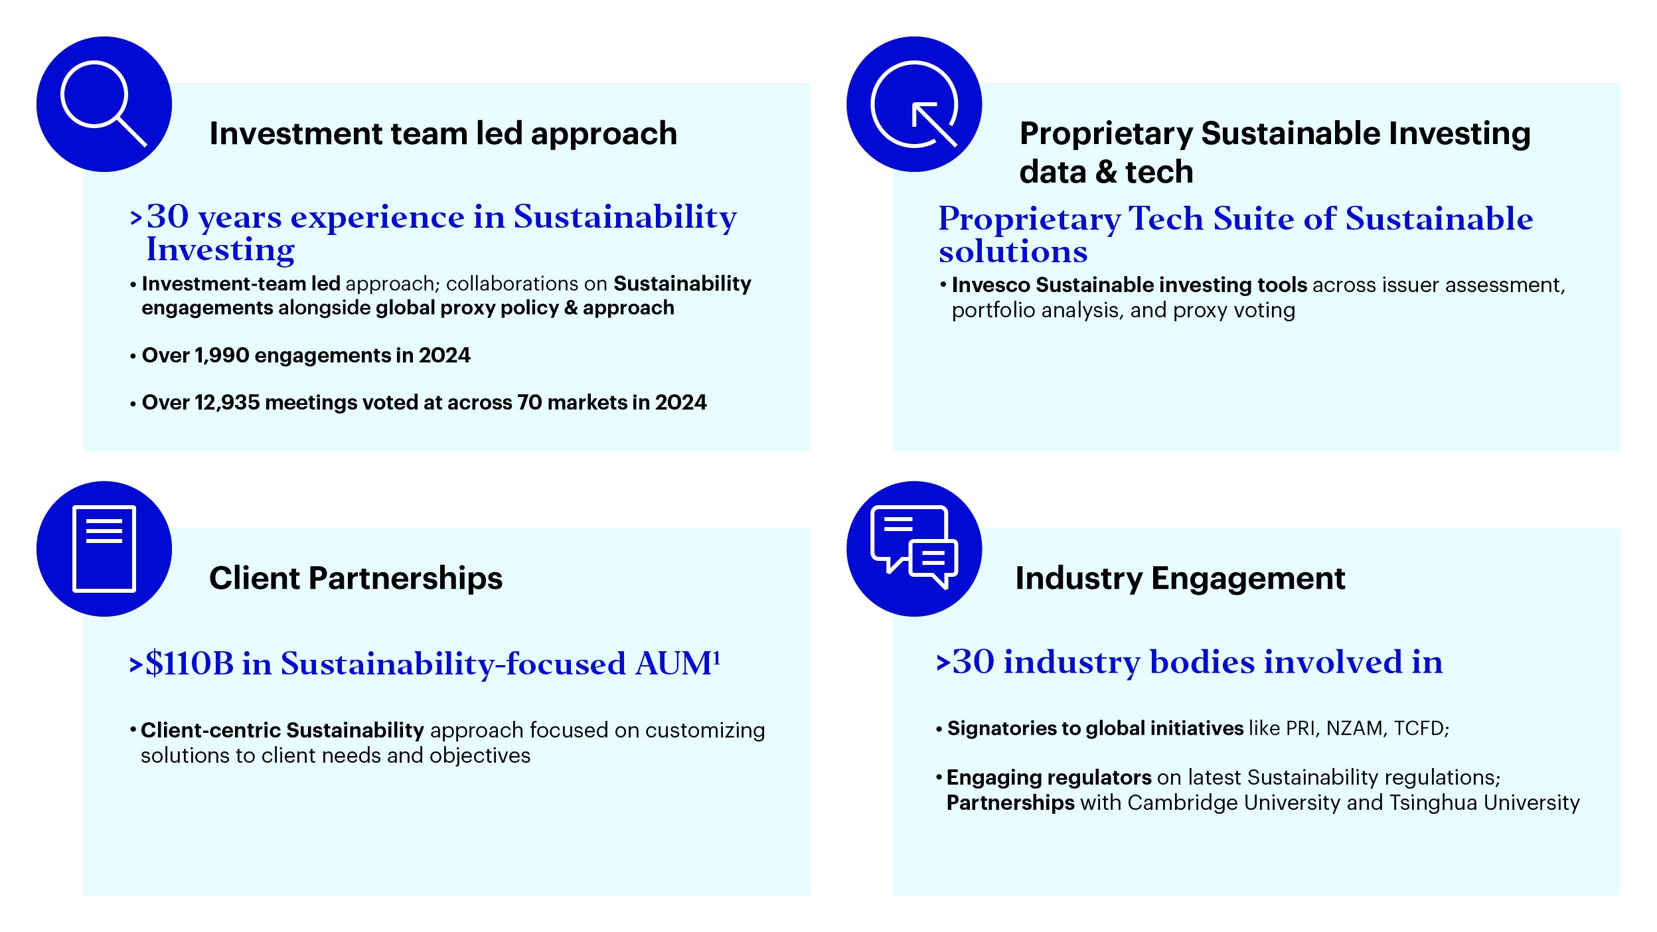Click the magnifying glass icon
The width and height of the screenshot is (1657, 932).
pyautogui.click(x=104, y=104)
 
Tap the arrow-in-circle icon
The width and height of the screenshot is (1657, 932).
pyautogui.click(x=914, y=104)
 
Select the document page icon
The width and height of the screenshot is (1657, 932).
pyautogui.click(x=104, y=548)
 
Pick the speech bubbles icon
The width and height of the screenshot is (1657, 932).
pyautogui.click(x=914, y=547)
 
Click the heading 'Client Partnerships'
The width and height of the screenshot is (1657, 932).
pyautogui.click(x=356, y=578)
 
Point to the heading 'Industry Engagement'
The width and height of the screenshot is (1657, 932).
pyautogui.click(x=1180, y=578)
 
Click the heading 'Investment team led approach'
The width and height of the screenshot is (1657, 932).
pyautogui.click(x=443, y=133)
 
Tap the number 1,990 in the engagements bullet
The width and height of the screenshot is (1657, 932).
pyautogui.click(x=222, y=356)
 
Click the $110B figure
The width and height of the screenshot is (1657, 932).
pyautogui.click(x=189, y=663)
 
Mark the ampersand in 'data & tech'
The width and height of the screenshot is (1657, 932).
pyautogui.click(x=1106, y=172)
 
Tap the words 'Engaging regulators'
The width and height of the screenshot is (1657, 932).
pyautogui.click(x=1049, y=778)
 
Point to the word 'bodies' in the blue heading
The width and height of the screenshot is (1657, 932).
pyautogui.click(x=1202, y=662)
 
